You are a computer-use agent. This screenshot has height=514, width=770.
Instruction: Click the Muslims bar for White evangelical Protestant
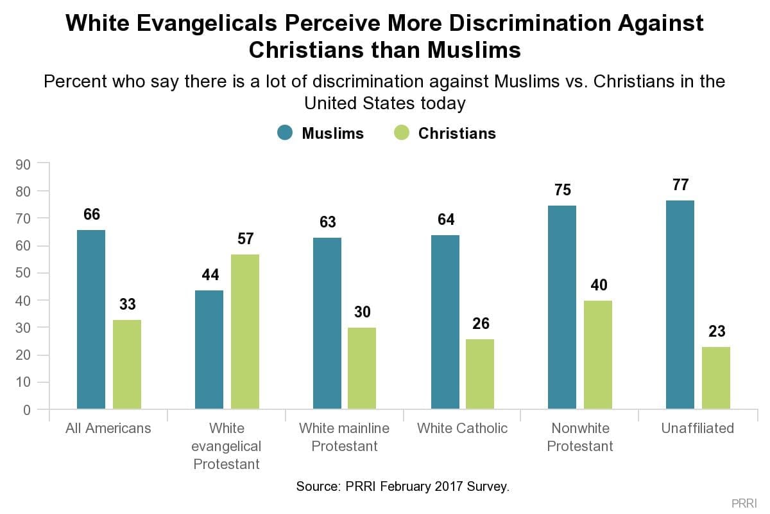(x=209, y=350)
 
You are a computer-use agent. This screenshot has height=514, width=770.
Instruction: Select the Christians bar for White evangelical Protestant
(x=245, y=332)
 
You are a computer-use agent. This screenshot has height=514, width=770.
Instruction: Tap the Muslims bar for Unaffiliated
(x=680, y=305)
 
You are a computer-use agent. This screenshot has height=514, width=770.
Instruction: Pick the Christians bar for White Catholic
(x=480, y=374)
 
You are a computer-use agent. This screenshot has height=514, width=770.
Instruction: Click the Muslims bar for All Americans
(x=91, y=319)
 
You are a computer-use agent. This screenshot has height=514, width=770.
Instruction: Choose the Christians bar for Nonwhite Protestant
(x=598, y=355)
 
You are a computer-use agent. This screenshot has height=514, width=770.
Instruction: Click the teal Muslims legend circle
(x=285, y=133)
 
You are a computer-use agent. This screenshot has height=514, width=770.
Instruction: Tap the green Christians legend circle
(x=402, y=133)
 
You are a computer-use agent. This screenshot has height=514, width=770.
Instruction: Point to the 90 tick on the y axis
(x=24, y=164)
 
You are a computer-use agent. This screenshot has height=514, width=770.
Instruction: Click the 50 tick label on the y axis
(x=24, y=273)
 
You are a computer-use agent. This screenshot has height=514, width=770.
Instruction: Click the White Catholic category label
(x=462, y=428)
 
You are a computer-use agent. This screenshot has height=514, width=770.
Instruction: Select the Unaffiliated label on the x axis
(x=697, y=428)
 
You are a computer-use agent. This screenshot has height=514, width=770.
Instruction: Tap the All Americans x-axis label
(x=108, y=428)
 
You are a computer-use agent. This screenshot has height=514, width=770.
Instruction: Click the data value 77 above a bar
(x=680, y=185)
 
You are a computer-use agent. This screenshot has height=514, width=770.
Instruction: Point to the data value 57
(x=245, y=239)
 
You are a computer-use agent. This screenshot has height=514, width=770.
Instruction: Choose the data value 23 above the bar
(x=716, y=332)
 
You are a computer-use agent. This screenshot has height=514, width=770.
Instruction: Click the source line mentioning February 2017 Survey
(x=402, y=486)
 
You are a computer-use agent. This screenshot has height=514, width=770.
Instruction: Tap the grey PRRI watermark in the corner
(x=744, y=502)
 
